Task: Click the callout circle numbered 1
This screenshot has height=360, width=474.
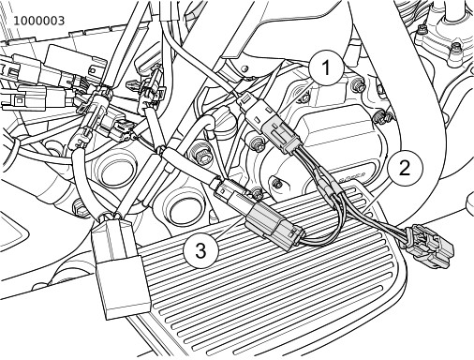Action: [x=326, y=67]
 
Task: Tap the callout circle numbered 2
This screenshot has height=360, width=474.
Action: [x=405, y=168]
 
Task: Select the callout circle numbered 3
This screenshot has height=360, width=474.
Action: [x=200, y=250]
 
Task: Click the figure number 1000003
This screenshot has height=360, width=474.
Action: [x=38, y=21]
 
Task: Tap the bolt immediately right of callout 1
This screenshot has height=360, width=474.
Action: [x=359, y=85]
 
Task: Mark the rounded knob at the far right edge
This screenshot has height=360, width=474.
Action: [x=469, y=203]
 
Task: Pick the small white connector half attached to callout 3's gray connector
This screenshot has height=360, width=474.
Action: [x=230, y=192]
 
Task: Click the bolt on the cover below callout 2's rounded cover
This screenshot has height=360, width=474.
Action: [x=276, y=184]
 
